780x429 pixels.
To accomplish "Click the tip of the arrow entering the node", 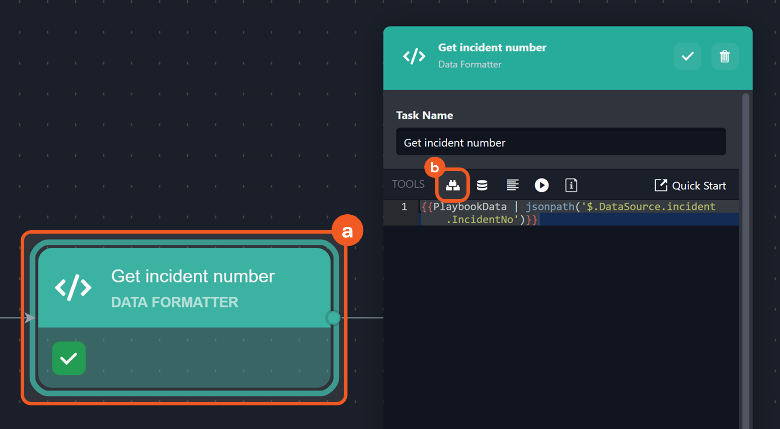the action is pos(35,318).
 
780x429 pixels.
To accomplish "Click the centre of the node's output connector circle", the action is pos(333,318).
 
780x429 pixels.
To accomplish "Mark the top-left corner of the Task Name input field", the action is pos(396,128).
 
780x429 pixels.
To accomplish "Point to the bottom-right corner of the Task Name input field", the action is pos(726,155).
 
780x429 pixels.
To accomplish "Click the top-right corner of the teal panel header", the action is pos(753,27).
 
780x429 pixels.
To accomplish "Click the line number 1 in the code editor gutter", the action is pos(404,207).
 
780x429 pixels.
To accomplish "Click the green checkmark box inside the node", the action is pos(69,358).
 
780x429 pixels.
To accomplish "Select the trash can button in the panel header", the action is pos(725,56).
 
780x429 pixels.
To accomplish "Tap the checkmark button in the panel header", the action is pos(687,56).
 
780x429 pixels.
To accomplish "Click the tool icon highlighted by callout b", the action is pos(453,185).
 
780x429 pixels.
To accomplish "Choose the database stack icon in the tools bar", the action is pos(482,185).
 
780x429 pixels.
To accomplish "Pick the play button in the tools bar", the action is pos(542,185).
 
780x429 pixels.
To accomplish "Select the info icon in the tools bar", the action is pos(571,185).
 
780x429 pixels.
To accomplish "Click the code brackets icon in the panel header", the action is pos(414,56).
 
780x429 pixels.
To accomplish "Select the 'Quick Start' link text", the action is pos(699,186).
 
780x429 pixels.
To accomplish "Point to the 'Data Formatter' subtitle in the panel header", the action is pos(470,64).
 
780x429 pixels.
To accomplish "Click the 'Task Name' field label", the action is pos(424,116).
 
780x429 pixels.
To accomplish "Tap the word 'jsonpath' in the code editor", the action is pos(550,207).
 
